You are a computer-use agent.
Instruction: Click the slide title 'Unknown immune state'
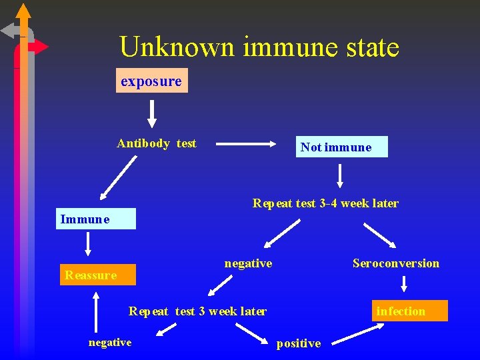(x=259, y=47)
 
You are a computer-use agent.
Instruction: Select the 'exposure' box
(x=151, y=81)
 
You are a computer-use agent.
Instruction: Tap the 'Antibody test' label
(x=157, y=143)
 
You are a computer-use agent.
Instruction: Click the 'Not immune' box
(x=341, y=147)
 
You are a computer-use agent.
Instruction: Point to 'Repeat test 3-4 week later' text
(x=325, y=203)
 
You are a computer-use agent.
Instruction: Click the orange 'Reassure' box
(x=97, y=275)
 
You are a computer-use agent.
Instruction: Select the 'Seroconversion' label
(x=396, y=263)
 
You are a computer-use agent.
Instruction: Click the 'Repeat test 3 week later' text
(x=197, y=311)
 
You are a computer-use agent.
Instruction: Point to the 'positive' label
(x=299, y=343)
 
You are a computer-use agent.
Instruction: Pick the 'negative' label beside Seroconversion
(x=248, y=263)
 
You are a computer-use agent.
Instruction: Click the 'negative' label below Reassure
(x=110, y=342)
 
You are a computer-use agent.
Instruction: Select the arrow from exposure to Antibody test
(x=152, y=113)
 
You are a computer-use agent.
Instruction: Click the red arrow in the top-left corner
(x=38, y=47)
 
